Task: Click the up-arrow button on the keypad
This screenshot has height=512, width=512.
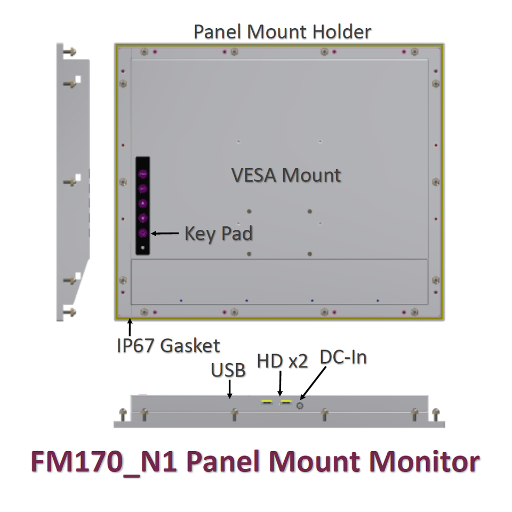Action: [x=142, y=203]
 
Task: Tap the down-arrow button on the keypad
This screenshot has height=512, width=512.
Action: [x=142, y=218]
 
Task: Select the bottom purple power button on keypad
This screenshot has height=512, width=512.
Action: [x=142, y=233]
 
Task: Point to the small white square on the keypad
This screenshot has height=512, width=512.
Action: [x=142, y=248]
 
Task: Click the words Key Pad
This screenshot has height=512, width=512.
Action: [x=219, y=233]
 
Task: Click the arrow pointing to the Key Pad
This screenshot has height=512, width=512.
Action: [x=165, y=233]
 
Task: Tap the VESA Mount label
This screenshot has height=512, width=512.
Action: [x=286, y=175]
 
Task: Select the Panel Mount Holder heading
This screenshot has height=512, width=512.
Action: [x=282, y=31]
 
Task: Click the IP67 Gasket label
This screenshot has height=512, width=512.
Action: [x=168, y=346]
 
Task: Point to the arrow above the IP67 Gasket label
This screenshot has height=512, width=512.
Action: [x=130, y=327]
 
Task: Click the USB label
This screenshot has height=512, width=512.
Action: [x=228, y=370]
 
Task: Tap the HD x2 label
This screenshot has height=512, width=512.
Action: [x=282, y=361]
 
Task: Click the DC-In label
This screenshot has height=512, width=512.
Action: [x=343, y=357]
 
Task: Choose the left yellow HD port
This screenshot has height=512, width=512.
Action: [x=267, y=402]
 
